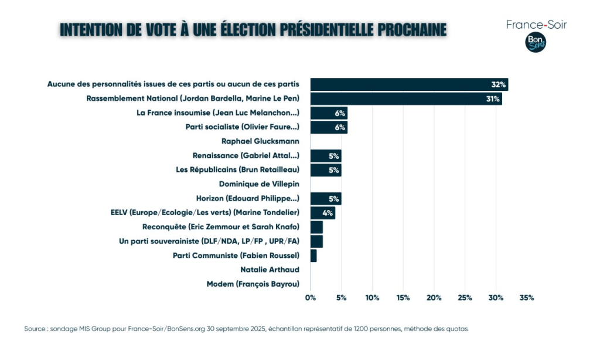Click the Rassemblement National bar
[405, 99]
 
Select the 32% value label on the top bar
[498, 84]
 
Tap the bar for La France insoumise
[328, 113]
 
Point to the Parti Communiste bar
[313, 256]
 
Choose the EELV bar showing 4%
[322, 212]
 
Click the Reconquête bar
[316, 227]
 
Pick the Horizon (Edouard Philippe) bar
[325, 198]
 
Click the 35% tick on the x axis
[526, 298]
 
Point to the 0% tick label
[311, 298]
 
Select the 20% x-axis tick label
[434, 298]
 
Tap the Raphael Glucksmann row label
[260, 141]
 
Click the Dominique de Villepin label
[259, 184]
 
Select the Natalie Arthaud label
[270, 270]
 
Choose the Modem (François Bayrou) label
[253, 284]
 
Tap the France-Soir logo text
[536, 25]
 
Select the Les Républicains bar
[325, 170]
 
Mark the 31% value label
[492, 99]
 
